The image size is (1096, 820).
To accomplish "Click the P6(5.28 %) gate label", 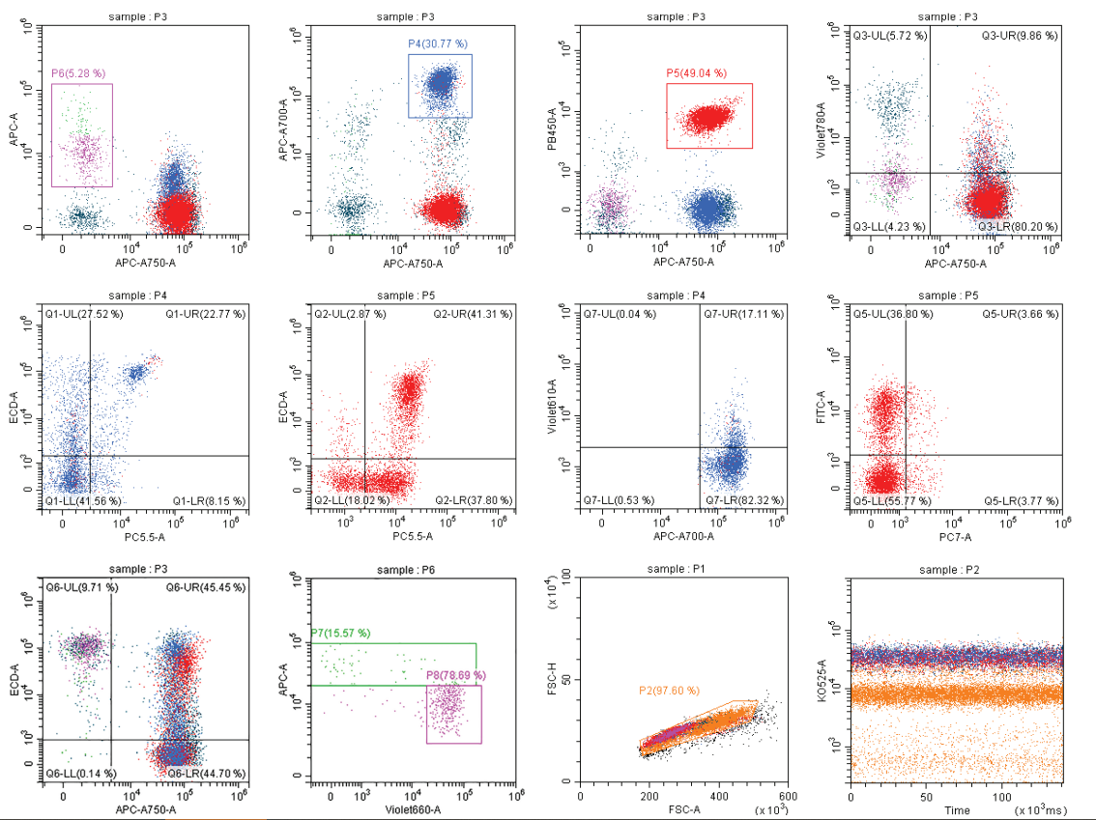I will [78, 73].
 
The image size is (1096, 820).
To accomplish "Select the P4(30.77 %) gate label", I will [437, 44].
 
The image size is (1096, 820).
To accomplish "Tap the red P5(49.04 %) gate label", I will [696, 73].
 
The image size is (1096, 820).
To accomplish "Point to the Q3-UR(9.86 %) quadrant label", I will [1020, 36].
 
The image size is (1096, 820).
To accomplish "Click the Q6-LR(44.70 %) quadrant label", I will [206, 774].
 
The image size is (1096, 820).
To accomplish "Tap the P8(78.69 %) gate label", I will [455, 675].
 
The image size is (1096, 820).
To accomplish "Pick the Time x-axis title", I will [957, 810].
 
